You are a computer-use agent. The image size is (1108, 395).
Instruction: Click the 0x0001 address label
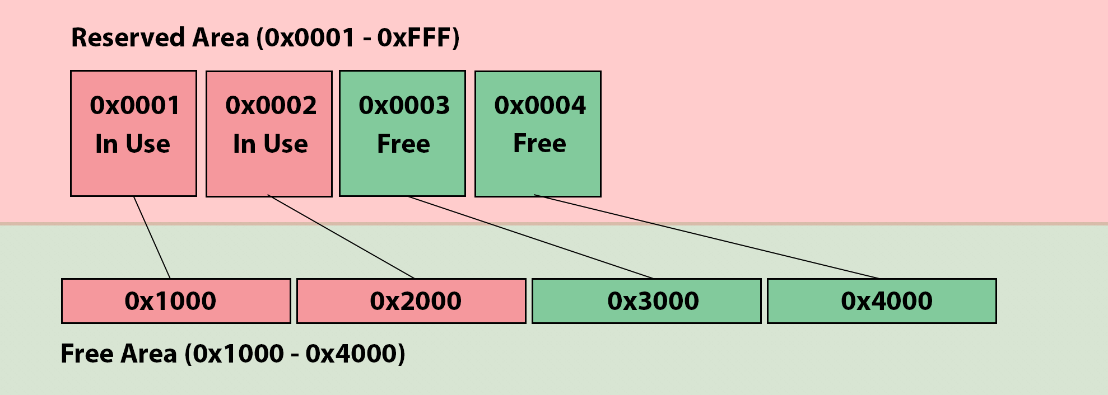134,105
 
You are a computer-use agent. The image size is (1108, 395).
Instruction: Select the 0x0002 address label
271,105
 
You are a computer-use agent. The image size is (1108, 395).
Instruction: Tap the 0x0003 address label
404,105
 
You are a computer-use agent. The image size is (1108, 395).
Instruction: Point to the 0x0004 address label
539,105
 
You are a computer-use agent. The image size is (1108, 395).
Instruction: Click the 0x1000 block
176,301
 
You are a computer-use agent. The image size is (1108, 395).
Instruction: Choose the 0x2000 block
411,301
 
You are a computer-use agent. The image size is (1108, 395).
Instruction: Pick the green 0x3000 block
646,301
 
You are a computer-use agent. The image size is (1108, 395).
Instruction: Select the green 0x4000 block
882,301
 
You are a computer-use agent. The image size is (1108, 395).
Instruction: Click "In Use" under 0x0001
133,144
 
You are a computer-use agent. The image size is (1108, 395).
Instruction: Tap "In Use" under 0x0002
270,144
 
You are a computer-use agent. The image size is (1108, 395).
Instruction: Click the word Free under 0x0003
403,144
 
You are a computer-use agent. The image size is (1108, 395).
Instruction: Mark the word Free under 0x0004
539,143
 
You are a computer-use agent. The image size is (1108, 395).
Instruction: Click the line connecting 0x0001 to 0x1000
152,237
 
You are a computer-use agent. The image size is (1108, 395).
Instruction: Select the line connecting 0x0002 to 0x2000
341,237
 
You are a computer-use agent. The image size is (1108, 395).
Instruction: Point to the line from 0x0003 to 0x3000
530,237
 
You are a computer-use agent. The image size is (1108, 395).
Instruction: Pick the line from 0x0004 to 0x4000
706,237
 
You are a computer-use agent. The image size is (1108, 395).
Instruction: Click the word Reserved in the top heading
128,37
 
